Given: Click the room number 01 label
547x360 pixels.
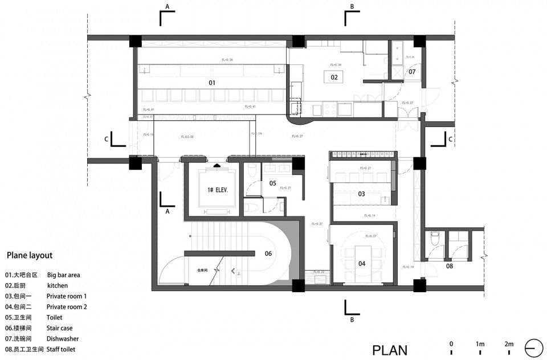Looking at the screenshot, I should pyautogui.click(x=211, y=83).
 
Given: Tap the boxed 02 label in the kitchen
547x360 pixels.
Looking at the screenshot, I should pyautogui.click(x=334, y=77).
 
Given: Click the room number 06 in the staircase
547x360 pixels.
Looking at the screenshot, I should pyautogui.click(x=268, y=254).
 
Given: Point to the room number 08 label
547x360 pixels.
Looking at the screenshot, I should pyautogui.click(x=450, y=265).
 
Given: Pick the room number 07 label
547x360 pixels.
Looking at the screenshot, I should pyautogui.click(x=411, y=72).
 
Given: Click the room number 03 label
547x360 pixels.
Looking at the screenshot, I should pyautogui.click(x=361, y=194).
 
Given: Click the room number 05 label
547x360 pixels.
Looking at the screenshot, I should pyautogui.click(x=272, y=183).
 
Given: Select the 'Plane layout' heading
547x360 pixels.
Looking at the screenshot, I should pyautogui.click(x=30, y=256).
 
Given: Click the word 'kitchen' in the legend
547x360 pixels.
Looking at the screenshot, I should pyautogui.click(x=58, y=285).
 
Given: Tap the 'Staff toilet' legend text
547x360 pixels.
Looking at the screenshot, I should pyautogui.click(x=61, y=349).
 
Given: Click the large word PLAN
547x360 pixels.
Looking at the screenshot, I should pyautogui.click(x=390, y=350).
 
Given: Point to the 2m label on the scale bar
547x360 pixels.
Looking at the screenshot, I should pyautogui.click(x=508, y=344).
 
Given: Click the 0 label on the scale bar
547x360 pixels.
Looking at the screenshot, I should pyautogui.click(x=451, y=344).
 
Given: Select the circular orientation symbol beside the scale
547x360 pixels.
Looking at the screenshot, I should pyautogui.click(x=534, y=347).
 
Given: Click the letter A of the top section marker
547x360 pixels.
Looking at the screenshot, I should pyautogui.click(x=168, y=7).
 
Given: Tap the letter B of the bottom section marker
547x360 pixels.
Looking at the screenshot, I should pyautogui.click(x=352, y=320).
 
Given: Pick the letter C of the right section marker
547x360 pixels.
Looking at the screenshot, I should pyautogui.click(x=450, y=139).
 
